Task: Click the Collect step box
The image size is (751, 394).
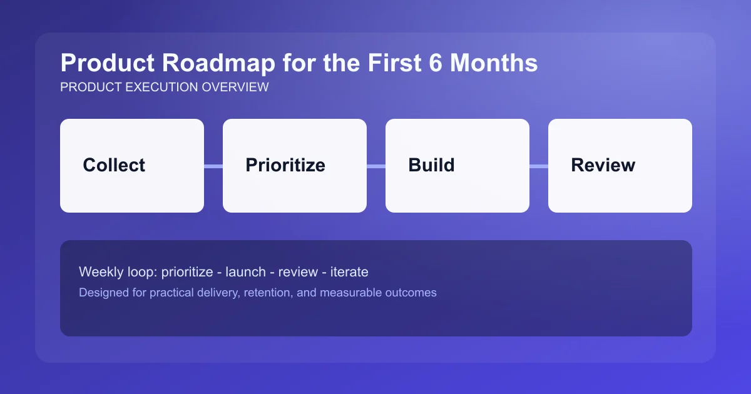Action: point(131,166)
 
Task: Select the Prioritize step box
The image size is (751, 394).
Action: point(294,166)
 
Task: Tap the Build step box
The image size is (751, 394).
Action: point(457,166)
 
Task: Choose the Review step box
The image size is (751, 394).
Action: point(620,166)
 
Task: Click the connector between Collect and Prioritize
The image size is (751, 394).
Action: point(213,166)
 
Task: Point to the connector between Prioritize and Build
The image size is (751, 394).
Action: point(376,166)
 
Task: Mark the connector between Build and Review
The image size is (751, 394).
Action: point(539,166)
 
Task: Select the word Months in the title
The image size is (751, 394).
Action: point(494,63)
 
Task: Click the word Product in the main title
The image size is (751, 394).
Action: point(104,63)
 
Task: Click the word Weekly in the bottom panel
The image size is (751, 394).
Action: point(99,272)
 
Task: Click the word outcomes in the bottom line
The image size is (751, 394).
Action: point(409,292)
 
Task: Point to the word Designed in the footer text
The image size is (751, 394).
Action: point(102,292)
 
